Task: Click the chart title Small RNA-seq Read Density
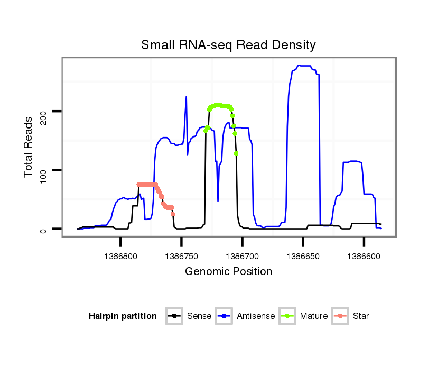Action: click(x=228, y=45)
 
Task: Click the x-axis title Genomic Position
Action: click(x=228, y=272)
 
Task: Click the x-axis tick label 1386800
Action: click(x=121, y=256)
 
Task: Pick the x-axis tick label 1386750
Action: click(x=181, y=256)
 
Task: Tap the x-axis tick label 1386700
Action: click(x=242, y=256)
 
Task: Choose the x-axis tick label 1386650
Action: click(x=303, y=256)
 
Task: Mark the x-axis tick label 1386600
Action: click(x=364, y=256)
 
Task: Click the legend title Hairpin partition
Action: click(x=123, y=316)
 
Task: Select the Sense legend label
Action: click(x=199, y=316)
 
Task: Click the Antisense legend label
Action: click(x=256, y=316)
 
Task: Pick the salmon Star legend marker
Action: click(x=341, y=316)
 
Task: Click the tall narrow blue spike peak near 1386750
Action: click(x=186, y=96)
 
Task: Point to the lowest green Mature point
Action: click(x=236, y=153)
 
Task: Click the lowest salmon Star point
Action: click(x=173, y=214)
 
